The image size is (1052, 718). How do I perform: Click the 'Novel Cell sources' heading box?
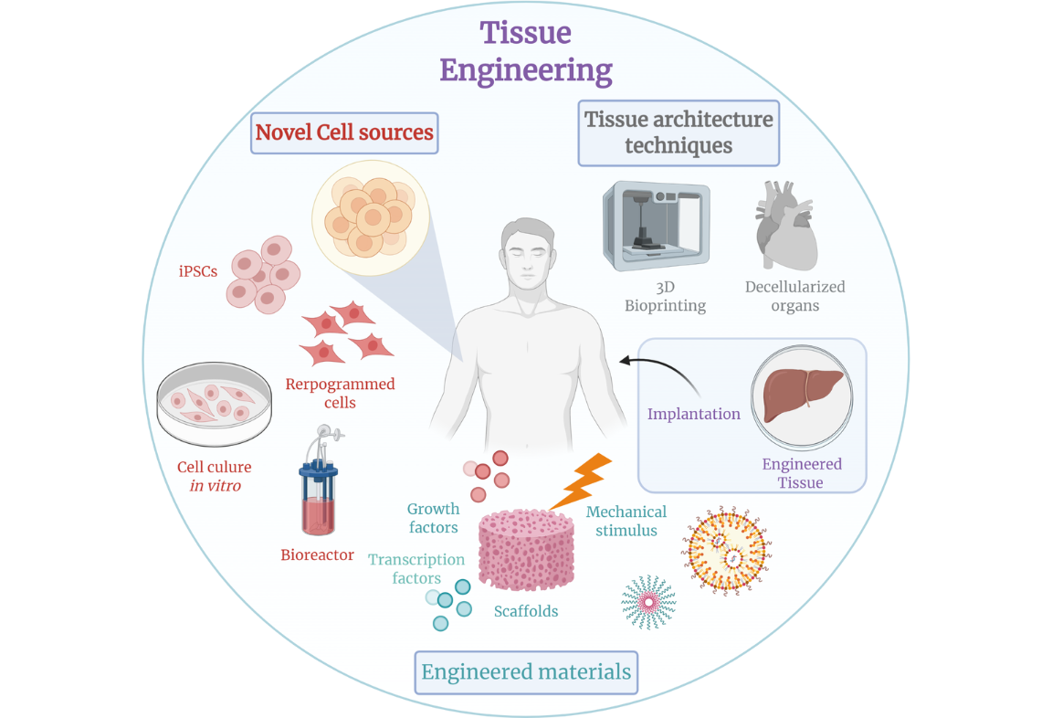pyautogui.click(x=344, y=132)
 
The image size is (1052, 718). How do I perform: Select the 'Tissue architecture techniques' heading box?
pyautogui.click(x=679, y=132)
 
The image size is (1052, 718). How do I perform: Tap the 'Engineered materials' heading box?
pyautogui.click(x=526, y=672)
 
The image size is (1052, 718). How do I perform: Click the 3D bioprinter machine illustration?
pyautogui.click(x=655, y=225)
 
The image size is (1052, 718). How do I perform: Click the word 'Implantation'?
pyautogui.click(x=694, y=414)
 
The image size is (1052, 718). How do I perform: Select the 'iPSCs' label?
pyautogui.click(x=198, y=271)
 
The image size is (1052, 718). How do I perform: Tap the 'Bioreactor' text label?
pyautogui.click(x=317, y=554)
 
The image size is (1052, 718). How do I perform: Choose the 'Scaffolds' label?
pyautogui.click(x=526, y=611)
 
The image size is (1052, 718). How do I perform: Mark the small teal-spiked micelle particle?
pyautogui.click(x=648, y=602)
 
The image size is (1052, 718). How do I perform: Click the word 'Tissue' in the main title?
pyautogui.click(x=526, y=33)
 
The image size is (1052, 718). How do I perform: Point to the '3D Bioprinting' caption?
pyautogui.click(x=665, y=296)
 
